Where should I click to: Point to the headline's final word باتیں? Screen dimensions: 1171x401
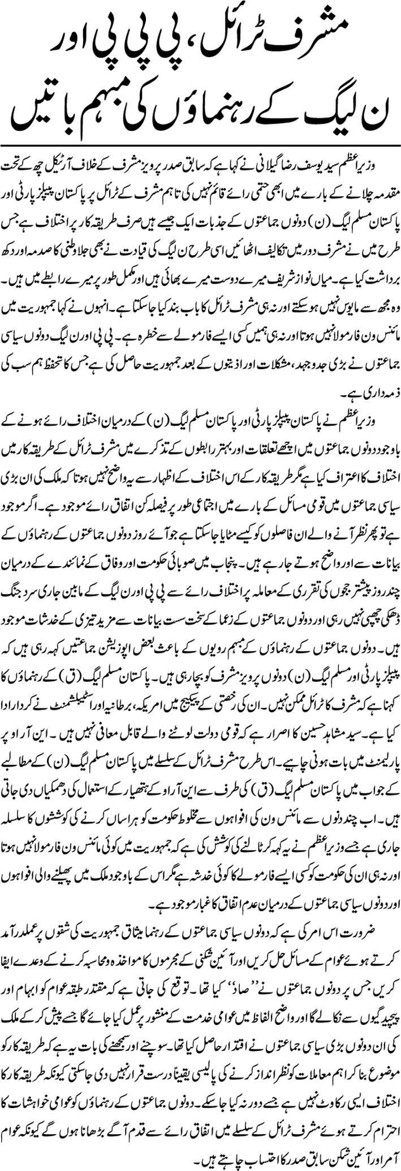pyautogui.click(x=42, y=110)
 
